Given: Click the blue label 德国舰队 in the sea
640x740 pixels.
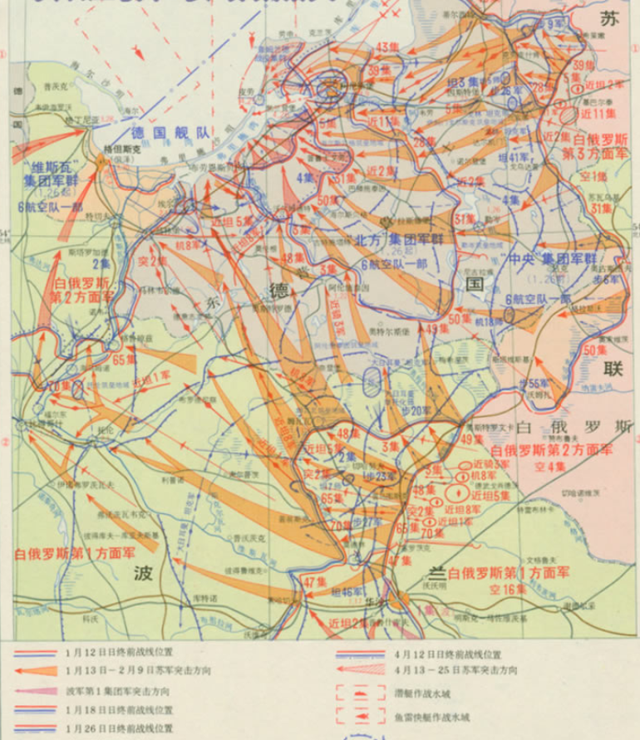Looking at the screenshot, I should tap(170, 132).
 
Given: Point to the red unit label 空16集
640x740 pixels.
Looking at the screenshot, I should tap(508, 588).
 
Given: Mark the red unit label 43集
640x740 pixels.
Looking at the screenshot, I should tap(387, 46).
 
